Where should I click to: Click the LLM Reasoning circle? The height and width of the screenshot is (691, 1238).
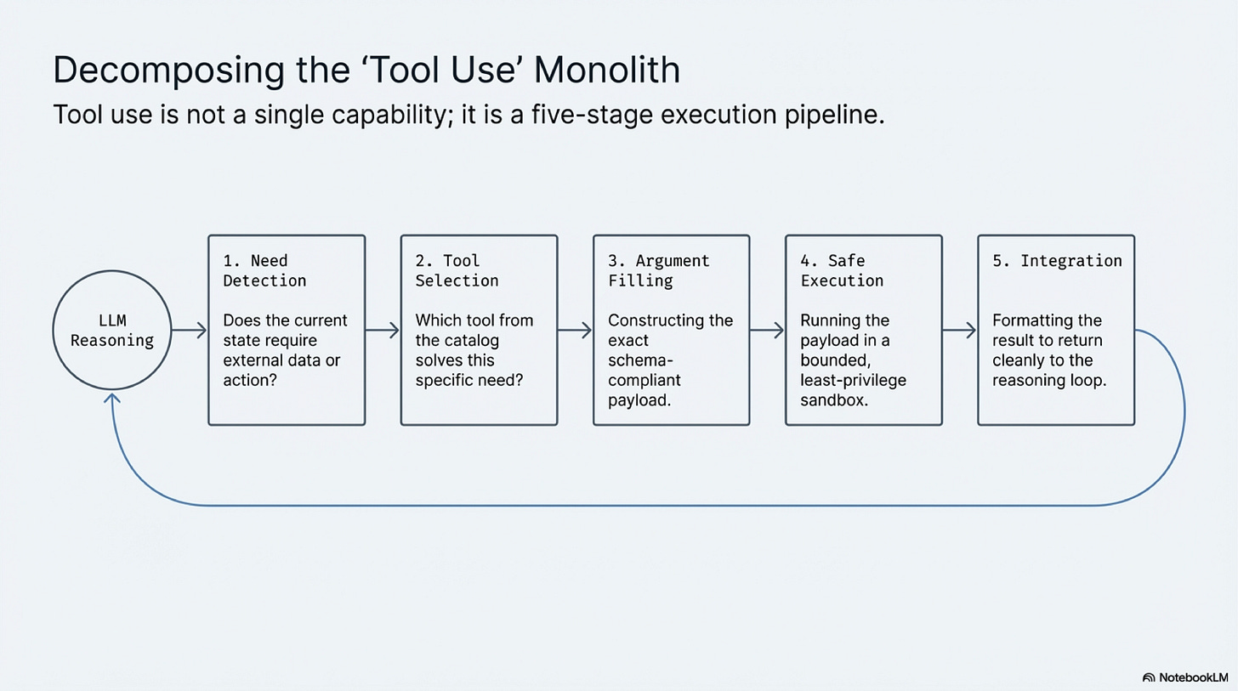[111, 330]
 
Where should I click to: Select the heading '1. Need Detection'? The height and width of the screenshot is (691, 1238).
[264, 270]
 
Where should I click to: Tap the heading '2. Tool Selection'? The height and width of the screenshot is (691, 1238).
[457, 270]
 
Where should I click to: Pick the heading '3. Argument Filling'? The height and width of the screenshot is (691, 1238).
[658, 270]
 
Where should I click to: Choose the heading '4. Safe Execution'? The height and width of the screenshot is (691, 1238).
[842, 270]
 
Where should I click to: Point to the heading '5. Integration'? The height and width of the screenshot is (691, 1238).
[1057, 261]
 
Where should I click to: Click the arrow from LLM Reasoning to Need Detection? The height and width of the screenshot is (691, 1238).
[189, 330]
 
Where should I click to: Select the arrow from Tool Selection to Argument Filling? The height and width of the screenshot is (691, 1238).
[575, 330]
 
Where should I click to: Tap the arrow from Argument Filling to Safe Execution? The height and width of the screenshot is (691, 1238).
[767, 330]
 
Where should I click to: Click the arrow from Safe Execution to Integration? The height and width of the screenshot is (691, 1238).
[959, 330]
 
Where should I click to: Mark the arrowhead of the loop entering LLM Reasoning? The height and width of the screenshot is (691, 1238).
[111, 397]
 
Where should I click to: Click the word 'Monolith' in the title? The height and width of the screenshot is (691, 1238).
[607, 70]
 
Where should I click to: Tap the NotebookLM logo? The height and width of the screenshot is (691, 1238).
[1185, 677]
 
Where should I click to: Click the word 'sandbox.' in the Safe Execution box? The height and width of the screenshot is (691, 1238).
[833, 399]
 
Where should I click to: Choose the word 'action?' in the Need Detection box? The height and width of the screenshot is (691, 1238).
[250, 379]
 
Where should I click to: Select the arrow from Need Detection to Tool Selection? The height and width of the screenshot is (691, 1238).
[383, 330]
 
